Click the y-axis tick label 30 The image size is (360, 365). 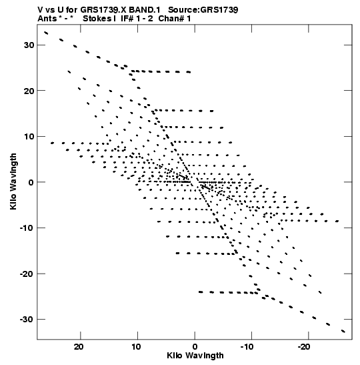coord(29,45)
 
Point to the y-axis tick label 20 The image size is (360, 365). coord(29,91)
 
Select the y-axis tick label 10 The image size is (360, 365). coord(29,136)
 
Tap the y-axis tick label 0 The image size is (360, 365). coord(31,182)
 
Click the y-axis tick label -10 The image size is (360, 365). coord(27,228)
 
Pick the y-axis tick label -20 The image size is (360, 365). coord(27,274)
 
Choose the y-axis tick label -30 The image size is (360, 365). coord(27,320)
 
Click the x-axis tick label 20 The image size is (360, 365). coord(79,347)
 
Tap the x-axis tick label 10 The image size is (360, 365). coord(136,347)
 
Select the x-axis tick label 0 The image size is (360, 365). coord(195,347)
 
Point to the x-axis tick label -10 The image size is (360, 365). coord(247,347)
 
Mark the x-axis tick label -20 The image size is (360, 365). coord(304,347)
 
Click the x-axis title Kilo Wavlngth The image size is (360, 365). coord(195,356)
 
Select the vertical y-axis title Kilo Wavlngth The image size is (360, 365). coord(13,181)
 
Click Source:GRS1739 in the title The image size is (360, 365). coord(203,10)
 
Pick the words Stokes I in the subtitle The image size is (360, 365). coord(99,19)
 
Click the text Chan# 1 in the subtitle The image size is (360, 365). coord(175,19)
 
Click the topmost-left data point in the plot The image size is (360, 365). coord(46,33)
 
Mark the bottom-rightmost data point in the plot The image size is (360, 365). coord(343,331)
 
